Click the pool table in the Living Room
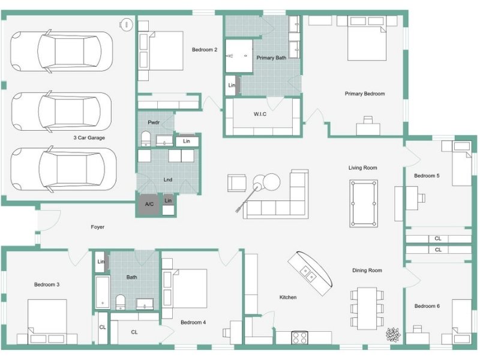pyautogui.click(x=364, y=203)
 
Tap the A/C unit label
pyautogui.click(x=149, y=204)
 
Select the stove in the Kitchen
pyautogui.click(x=299, y=338)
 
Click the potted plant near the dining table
pyautogui.click(x=393, y=334)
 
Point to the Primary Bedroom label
pyautogui.click(x=365, y=94)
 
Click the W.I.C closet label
pyautogui.click(x=260, y=114)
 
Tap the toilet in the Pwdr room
pyautogui.click(x=145, y=139)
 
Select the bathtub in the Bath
pyautogui.click(x=102, y=292)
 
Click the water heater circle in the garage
pyautogui.click(x=126, y=24)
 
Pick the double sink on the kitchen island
pyautogui.click(x=308, y=274)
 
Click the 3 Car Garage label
pyautogui.click(x=89, y=138)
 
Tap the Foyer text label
pyautogui.click(x=97, y=227)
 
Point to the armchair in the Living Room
pyautogui.click(x=236, y=183)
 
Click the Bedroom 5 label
pyautogui.click(x=427, y=176)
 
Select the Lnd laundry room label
pyautogui.click(x=168, y=179)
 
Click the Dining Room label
pyautogui.click(x=367, y=271)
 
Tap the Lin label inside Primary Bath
pyautogui.click(x=232, y=85)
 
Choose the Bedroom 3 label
pyautogui.click(x=47, y=284)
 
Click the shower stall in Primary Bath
pyautogui.click(x=239, y=56)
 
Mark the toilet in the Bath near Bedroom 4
pyautogui.click(x=121, y=302)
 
